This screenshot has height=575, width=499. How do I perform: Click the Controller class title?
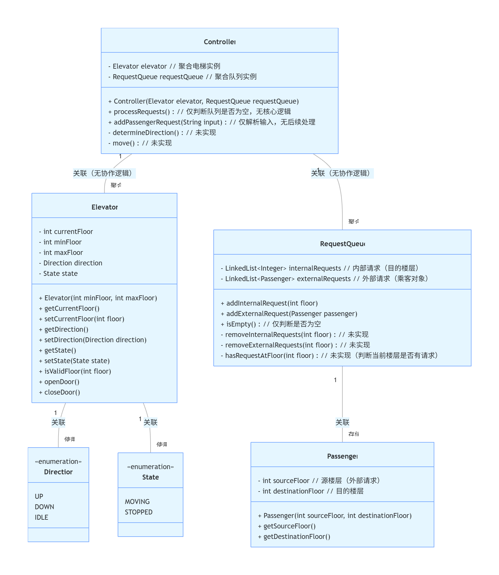click(220, 42)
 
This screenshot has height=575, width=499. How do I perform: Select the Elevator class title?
click(105, 207)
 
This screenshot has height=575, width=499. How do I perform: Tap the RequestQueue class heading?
click(342, 244)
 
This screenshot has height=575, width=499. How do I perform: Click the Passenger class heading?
click(342, 456)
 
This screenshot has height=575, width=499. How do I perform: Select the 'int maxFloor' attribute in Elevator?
click(63, 253)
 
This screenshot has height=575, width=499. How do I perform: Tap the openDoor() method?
click(62, 382)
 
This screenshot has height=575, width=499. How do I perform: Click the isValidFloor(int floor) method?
click(77, 371)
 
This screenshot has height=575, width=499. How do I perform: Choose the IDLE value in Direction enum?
click(42, 517)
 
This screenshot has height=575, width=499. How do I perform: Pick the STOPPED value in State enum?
click(139, 512)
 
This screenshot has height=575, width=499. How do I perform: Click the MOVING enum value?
click(137, 502)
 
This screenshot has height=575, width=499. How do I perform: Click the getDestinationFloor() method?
click(297, 537)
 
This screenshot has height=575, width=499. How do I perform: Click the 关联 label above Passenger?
click(342, 422)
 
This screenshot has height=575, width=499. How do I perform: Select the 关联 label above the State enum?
click(151, 422)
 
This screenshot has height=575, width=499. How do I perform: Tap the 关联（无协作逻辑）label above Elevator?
click(104, 173)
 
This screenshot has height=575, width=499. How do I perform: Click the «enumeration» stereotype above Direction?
click(58, 462)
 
